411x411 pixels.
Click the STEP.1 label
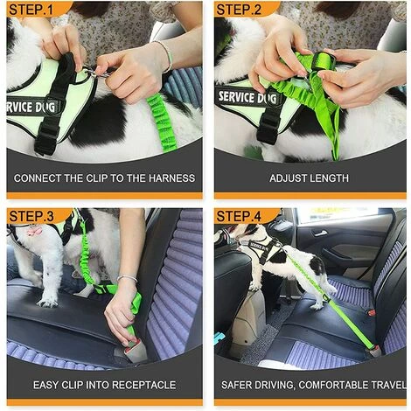[31, 10]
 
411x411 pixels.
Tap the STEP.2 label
[239, 10]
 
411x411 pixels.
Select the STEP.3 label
[31, 217]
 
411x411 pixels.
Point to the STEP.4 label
[239, 217]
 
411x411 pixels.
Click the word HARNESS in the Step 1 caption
[172, 178]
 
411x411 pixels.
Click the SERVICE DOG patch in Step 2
[247, 98]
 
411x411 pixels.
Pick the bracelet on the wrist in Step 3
[127, 279]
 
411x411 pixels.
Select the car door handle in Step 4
[319, 233]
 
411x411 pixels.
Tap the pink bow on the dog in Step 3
[34, 232]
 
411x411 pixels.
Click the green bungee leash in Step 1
[161, 122]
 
